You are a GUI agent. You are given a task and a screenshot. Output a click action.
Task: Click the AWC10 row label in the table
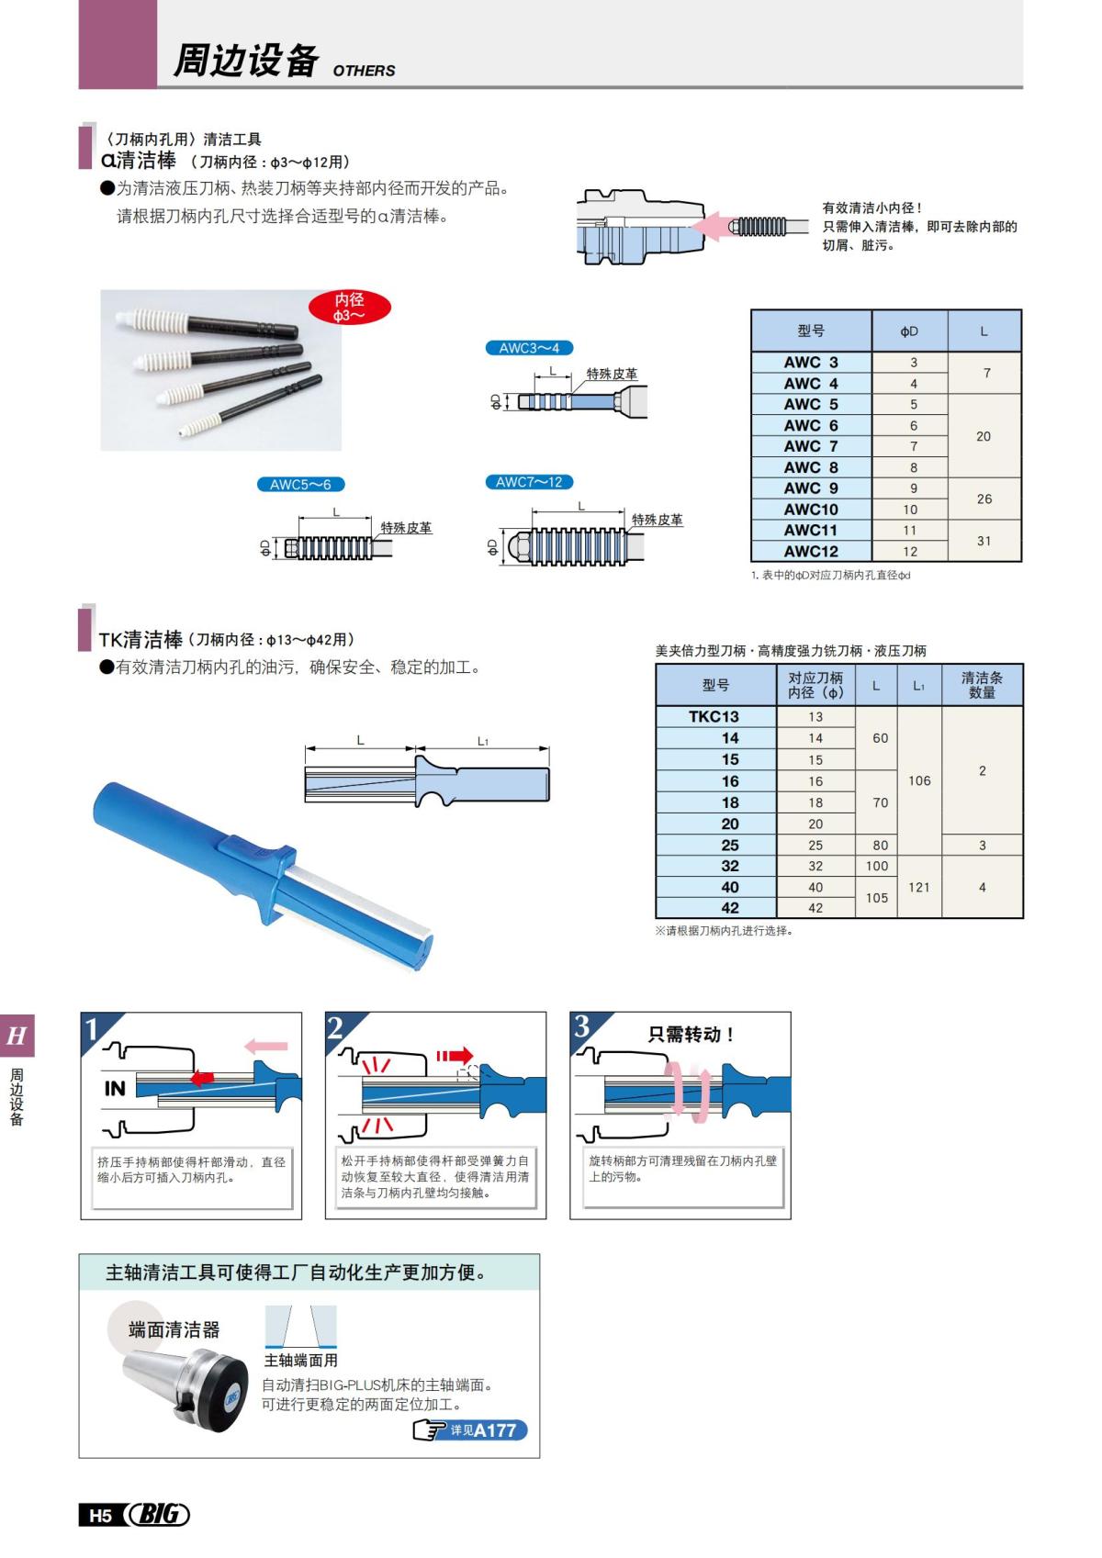click(x=811, y=510)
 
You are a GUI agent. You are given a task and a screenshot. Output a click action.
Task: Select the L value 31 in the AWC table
click(x=984, y=541)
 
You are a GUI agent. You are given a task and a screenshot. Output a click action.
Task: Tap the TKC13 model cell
click(x=714, y=717)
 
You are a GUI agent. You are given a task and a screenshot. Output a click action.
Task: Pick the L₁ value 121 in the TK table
click(x=918, y=887)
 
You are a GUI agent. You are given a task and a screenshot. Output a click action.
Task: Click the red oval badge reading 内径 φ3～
click(x=349, y=308)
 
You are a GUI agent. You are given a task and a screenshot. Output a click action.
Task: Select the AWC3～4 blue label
click(x=529, y=348)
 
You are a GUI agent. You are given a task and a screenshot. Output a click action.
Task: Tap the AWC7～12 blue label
click(x=529, y=482)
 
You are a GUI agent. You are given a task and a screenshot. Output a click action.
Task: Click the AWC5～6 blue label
click(x=300, y=485)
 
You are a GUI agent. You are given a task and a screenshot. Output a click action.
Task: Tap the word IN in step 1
click(x=115, y=1089)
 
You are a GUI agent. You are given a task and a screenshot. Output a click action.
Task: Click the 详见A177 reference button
click(x=470, y=1430)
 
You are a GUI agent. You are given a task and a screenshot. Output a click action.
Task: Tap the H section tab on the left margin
click(x=17, y=1037)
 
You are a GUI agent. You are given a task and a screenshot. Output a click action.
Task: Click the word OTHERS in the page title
click(x=364, y=71)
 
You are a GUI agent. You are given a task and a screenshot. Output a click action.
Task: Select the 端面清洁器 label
click(x=174, y=1329)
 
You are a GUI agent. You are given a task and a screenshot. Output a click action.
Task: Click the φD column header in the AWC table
click(x=908, y=331)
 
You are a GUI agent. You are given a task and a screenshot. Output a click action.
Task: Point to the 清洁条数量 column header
click(x=982, y=685)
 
